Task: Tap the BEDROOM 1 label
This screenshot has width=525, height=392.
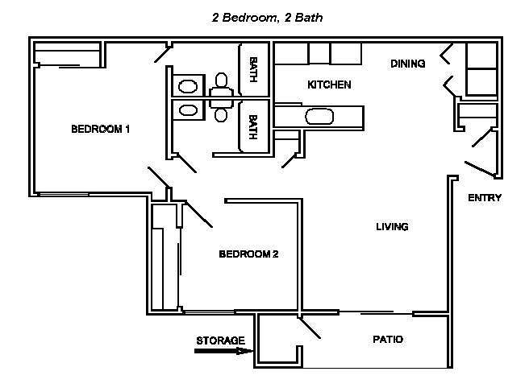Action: (x=101, y=129)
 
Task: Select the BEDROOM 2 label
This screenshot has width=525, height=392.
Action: (x=248, y=254)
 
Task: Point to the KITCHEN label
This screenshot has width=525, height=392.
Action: (x=329, y=85)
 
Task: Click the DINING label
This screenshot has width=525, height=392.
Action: (x=408, y=64)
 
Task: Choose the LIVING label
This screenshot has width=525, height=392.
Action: (x=392, y=226)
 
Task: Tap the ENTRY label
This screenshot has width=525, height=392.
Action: (x=485, y=198)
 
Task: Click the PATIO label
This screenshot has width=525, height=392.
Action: (x=388, y=340)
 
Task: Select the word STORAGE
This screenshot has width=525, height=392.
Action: (x=220, y=340)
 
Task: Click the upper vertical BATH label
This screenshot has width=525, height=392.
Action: (x=253, y=68)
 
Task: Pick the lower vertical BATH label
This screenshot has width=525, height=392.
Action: (x=253, y=127)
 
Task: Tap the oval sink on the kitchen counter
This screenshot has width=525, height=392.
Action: (x=319, y=118)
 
